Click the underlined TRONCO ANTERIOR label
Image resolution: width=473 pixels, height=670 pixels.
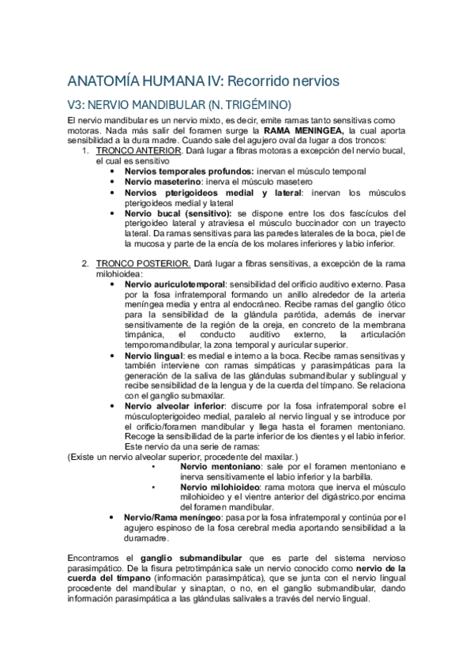tap(139, 150)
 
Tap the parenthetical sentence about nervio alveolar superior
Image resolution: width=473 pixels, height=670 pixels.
tap(183, 457)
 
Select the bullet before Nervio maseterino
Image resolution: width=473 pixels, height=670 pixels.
tap(115, 181)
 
